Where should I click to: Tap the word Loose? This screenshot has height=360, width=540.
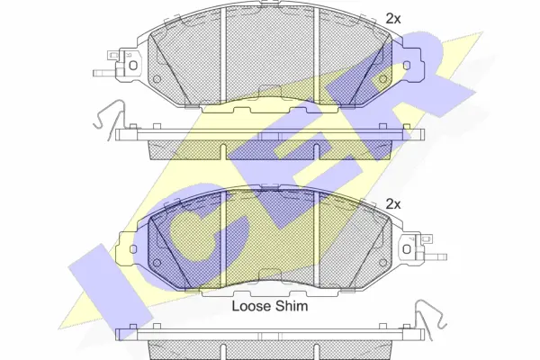(x=252, y=307)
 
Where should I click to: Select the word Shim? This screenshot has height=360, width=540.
(x=293, y=307)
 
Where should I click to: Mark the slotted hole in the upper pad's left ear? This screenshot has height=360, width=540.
(x=131, y=64)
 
